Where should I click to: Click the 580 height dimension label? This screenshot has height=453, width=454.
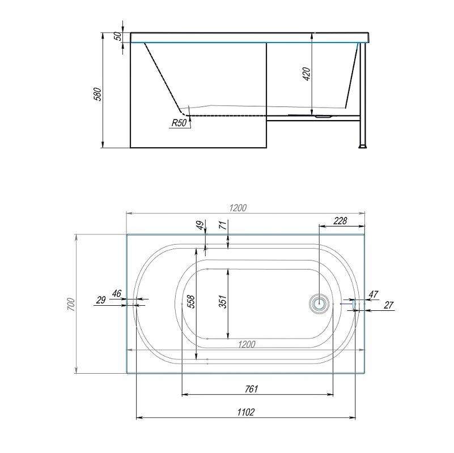pyautogui.click(x=99, y=94)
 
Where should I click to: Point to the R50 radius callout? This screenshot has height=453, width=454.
pyautogui.click(x=179, y=123)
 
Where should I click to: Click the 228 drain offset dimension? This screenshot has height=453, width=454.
pyautogui.click(x=340, y=221)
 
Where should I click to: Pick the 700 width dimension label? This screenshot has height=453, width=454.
pyautogui.click(x=71, y=304)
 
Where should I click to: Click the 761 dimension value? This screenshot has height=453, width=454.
pyautogui.click(x=251, y=389)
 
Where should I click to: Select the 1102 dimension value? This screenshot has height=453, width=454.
pyautogui.click(x=246, y=412)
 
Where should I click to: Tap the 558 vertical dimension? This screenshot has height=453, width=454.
pyautogui.click(x=191, y=302)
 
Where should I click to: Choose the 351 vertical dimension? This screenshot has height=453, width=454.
pyautogui.click(x=223, y=302)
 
